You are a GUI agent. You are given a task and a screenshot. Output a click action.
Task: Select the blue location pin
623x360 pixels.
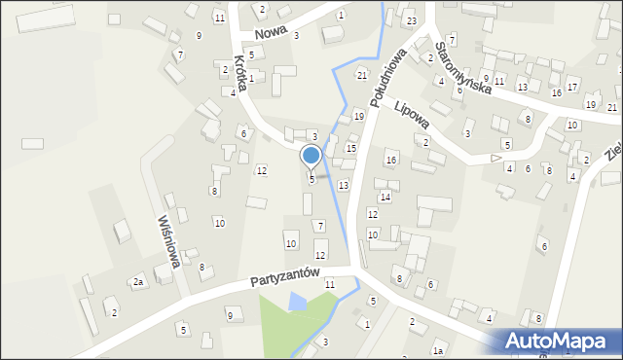coord(311,156)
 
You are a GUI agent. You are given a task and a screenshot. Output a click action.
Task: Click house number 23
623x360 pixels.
coord(412,21)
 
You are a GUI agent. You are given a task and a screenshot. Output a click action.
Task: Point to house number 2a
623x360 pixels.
coord(138,282)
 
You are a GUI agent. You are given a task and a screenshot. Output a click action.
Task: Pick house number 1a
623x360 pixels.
coord(439,349)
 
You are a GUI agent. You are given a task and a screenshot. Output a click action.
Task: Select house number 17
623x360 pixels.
coord(572,88)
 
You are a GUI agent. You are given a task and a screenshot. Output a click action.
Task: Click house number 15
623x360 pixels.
coord(351,148)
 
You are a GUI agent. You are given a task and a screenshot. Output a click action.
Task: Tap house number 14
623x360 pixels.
coord(385,198)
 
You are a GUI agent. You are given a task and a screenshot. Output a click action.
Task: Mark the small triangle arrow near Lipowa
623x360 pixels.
coord(495,157)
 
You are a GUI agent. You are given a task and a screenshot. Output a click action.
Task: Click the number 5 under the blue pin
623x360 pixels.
coord(311,179)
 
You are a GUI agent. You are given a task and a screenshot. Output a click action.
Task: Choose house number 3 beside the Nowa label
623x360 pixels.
coord(296,35)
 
